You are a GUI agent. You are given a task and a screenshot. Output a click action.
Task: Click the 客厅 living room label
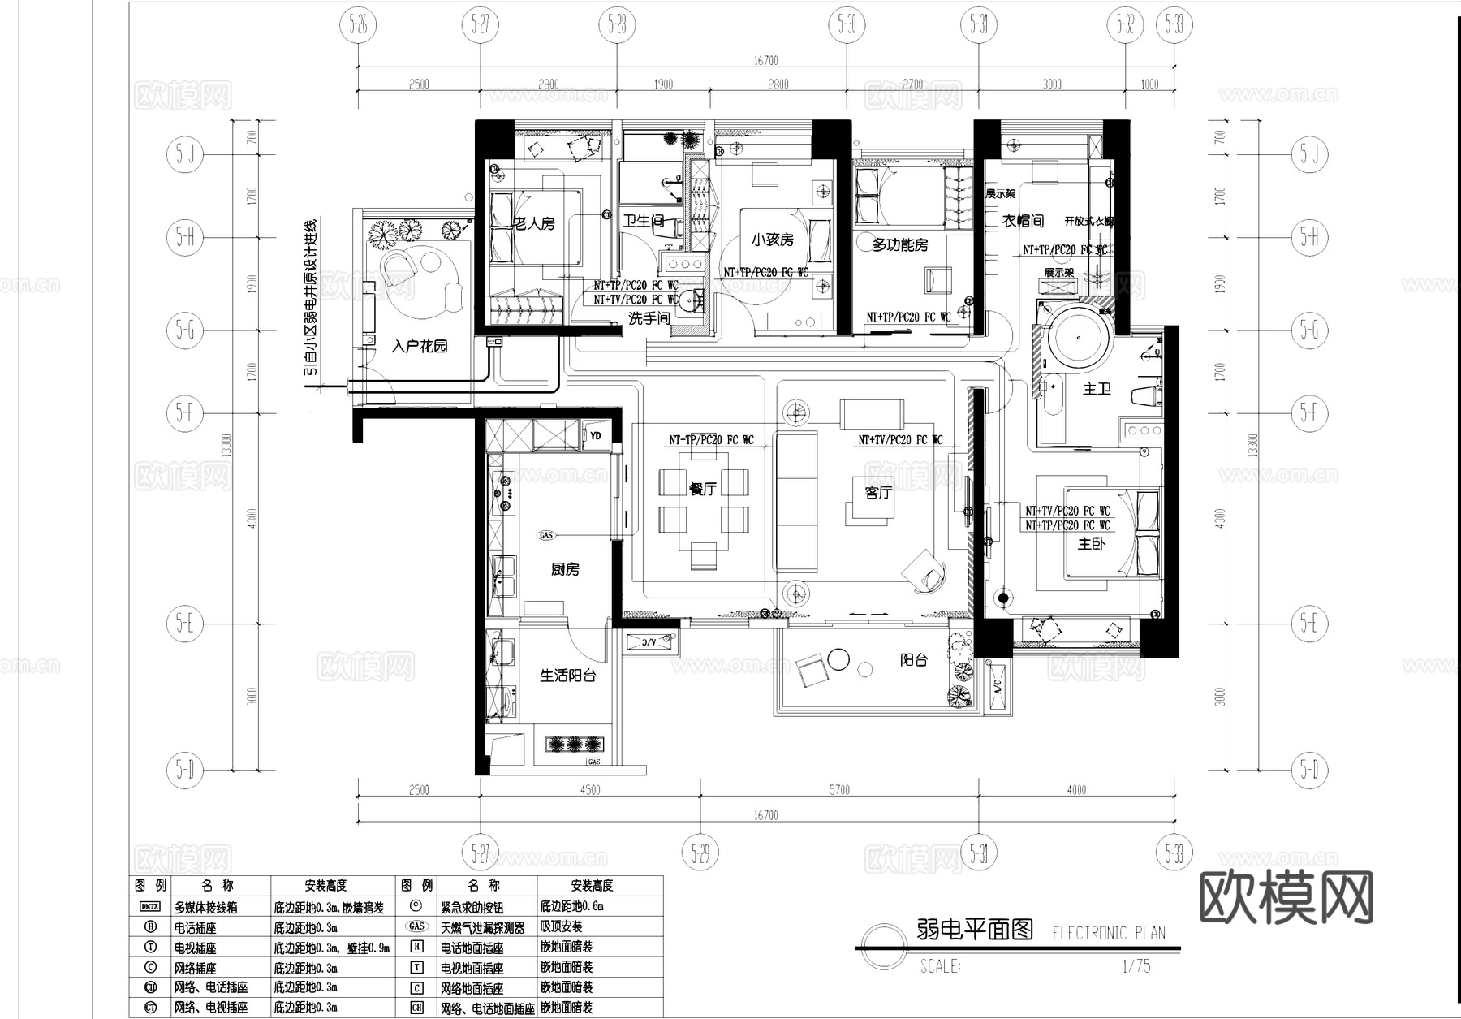pos(877,493)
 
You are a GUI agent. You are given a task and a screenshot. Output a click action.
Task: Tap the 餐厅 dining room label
pos(702,489)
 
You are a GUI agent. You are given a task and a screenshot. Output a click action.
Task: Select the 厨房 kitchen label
pos(565,569)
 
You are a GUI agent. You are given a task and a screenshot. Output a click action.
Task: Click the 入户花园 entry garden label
pos(419,347)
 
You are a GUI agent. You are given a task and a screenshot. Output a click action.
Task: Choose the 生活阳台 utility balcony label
pos(567,676)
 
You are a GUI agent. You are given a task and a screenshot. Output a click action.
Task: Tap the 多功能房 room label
pos(900,244)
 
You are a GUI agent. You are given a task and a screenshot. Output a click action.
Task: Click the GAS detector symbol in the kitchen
pos(545,535)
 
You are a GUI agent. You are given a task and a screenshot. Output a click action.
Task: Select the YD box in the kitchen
pos(596,436)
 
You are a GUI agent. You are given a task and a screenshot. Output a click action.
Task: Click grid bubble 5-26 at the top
pos(358,25)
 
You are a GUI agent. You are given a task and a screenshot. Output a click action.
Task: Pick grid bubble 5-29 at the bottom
pos(700,853)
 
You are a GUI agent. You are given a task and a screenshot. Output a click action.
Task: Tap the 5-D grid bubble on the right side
pos(1308,768)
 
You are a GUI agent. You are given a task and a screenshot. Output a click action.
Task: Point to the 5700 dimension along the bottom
pos(839,790)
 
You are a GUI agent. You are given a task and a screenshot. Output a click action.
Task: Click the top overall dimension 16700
pos(765,61)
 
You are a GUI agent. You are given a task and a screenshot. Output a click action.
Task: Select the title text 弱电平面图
pos(975,930)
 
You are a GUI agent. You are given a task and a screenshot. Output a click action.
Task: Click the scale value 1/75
pos(1136,966)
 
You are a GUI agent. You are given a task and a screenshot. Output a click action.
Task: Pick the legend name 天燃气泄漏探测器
pos(482,927)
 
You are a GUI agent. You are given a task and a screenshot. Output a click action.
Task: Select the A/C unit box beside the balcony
pos(998,687)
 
